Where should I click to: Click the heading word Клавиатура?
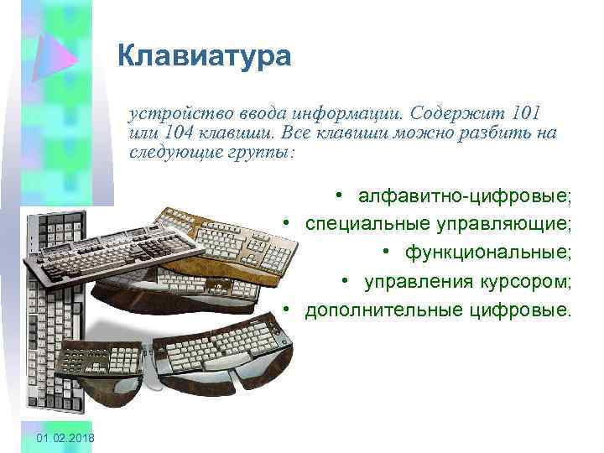coord(204,56)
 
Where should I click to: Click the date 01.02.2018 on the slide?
coord(66,440)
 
